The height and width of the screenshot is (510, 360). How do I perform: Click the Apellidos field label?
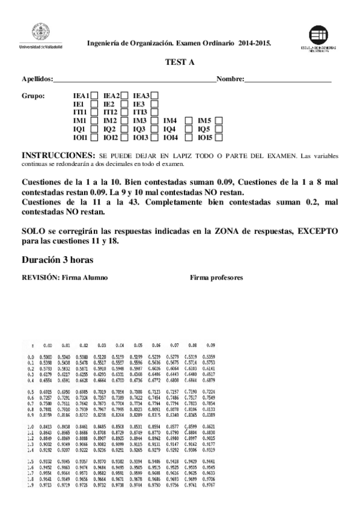(37, 79)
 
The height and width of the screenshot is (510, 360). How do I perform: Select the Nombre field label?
(230, 79)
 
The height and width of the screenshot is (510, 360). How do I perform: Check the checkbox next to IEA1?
(94, 95)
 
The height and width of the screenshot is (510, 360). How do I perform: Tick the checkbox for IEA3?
(155, 95)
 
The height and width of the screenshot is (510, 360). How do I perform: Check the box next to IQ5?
(219, 129)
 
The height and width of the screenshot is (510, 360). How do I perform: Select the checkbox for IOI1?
(94, 138)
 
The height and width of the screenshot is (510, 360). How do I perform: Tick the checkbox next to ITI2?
(124, 112)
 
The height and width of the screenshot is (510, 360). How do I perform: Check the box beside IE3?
(154, 103)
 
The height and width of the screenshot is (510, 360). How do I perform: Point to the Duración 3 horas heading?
(58, 260)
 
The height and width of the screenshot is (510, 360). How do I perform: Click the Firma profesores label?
(216, 278)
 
